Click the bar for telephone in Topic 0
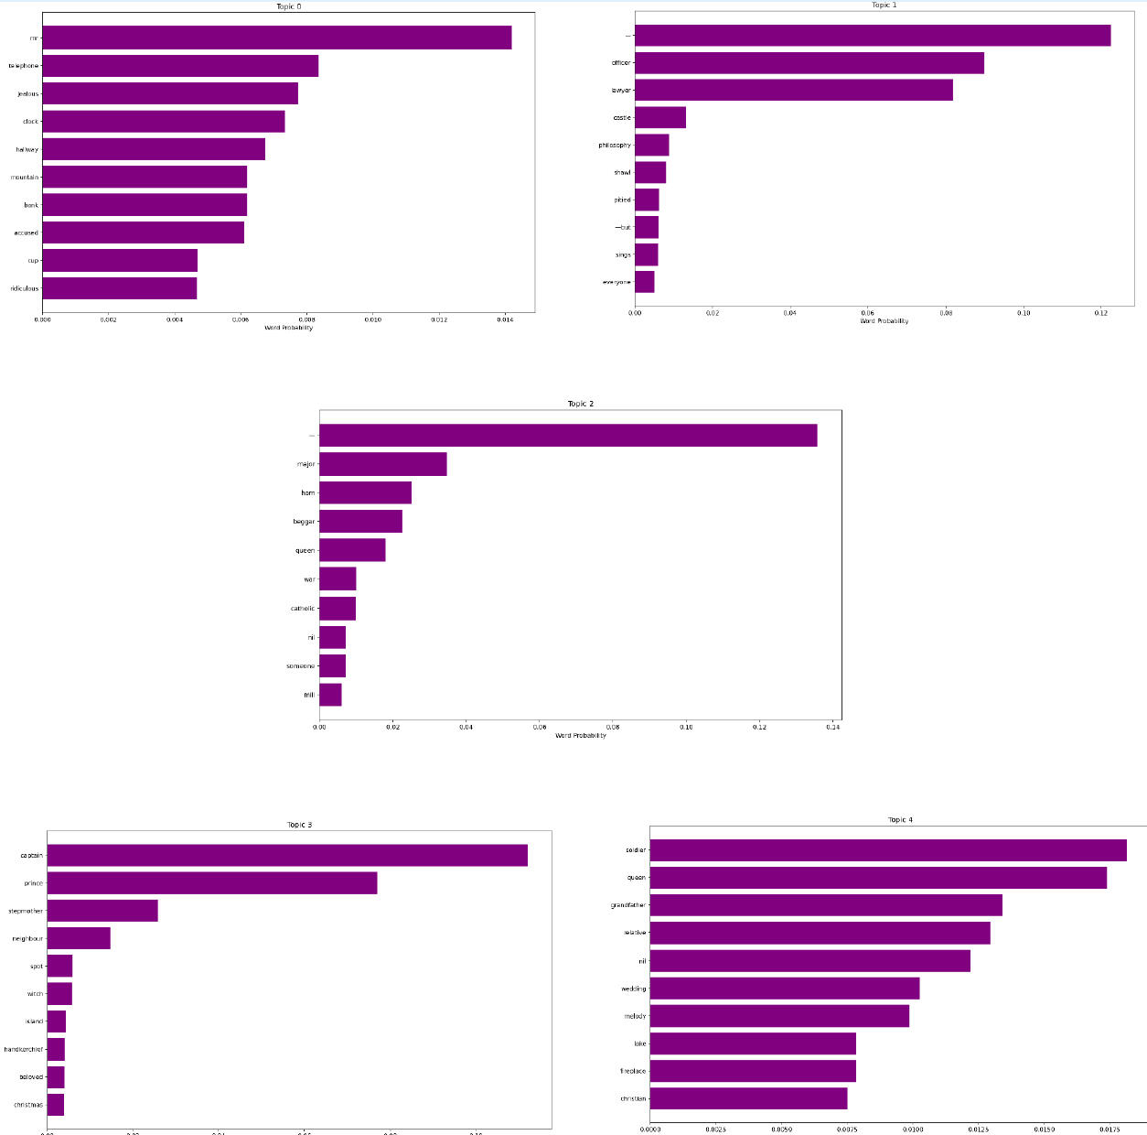pos(180,66)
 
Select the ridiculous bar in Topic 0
pos(119,288)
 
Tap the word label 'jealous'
pos(28,94)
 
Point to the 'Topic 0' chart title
pos(288,6)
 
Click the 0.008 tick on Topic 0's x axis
pos(306,319)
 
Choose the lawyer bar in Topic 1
pos(793,91)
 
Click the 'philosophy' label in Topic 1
pos(615,146)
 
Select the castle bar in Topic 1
pos(659,118)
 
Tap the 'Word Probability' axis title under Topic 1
pos(884,321)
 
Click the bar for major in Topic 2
pos(382,464)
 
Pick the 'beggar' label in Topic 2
pos(304,522)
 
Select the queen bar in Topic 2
pos(352,550)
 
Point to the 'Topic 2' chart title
pos(580,404)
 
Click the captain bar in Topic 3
pos(286,856)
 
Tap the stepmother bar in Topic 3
pos(102,911)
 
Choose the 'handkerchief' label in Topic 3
pos(24,1050)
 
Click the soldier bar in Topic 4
pos(887,850)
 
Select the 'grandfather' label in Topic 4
pos(628,905)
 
